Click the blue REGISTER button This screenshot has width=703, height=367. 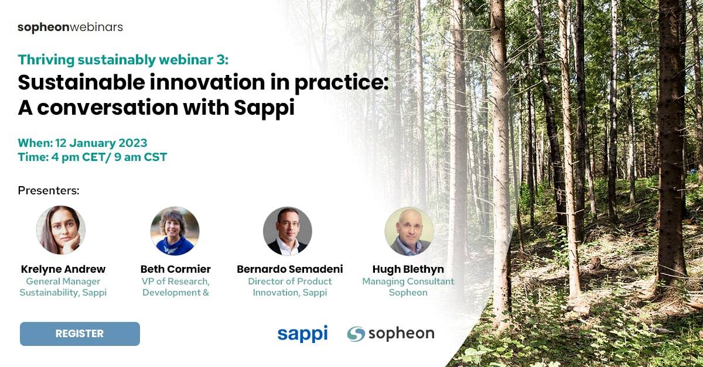click(80, 334)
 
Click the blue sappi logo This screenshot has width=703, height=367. click(302, 334)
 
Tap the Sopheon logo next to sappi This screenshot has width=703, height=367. click(391, 334)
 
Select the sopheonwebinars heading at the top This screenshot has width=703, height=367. click(70, 27)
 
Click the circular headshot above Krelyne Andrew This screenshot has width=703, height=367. click(61, 230)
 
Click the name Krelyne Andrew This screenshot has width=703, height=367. click(63, 269)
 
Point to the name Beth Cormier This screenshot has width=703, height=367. click(175, 269)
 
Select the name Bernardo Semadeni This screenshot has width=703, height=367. click(290, 269)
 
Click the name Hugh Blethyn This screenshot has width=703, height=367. click(408, 269)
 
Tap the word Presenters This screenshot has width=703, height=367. click(49, 190)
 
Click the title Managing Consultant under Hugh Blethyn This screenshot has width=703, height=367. click(408, 282)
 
